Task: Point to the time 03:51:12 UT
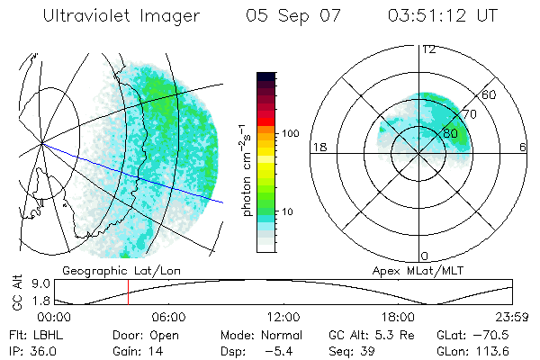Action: (442, 16)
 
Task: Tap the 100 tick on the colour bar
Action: (290, 132)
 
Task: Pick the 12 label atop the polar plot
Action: (428, 49)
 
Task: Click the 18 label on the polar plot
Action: (318, 147)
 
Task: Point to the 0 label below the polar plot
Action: (426, 256)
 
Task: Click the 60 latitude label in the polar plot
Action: (490, 94)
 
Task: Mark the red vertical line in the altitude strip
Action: (128, 292)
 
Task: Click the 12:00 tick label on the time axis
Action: (283, 317)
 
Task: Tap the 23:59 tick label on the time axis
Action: (511, 317)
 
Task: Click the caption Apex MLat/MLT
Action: (409, 270)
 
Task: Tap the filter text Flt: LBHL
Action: (36, 333)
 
